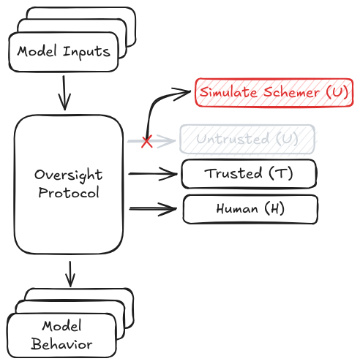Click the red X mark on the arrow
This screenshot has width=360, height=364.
tap(147, 141)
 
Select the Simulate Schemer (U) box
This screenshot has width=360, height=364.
tap(274, 92)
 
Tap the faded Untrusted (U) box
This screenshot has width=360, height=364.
tap(247, 139)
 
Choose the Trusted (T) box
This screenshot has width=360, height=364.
tap(249, 174)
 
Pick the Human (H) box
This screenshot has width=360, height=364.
tap(250, 209)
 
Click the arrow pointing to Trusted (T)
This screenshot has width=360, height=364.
tap(153, 174)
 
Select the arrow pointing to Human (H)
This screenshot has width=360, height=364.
tap(153, 209)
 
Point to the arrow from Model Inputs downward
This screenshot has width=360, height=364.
tap(64, 93)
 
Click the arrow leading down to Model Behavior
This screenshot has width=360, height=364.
tap(70, 274)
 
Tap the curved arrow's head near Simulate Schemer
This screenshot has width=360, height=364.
tap(181, 93)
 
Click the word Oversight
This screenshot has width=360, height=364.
tap(68, 175)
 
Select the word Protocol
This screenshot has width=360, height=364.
tap(69, 192)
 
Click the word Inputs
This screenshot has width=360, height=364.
tap(86, 53)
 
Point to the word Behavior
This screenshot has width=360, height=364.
tap(61, 344)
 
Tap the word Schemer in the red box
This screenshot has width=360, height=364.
tap(291, 92)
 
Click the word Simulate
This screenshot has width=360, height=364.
tap(228, 92)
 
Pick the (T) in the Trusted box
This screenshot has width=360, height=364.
tap(281, 174)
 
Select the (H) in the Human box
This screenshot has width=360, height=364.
tap(274, 209)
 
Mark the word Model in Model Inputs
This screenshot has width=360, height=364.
tap(37, 51)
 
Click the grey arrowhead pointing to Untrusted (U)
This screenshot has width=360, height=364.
tap(166, 140)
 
